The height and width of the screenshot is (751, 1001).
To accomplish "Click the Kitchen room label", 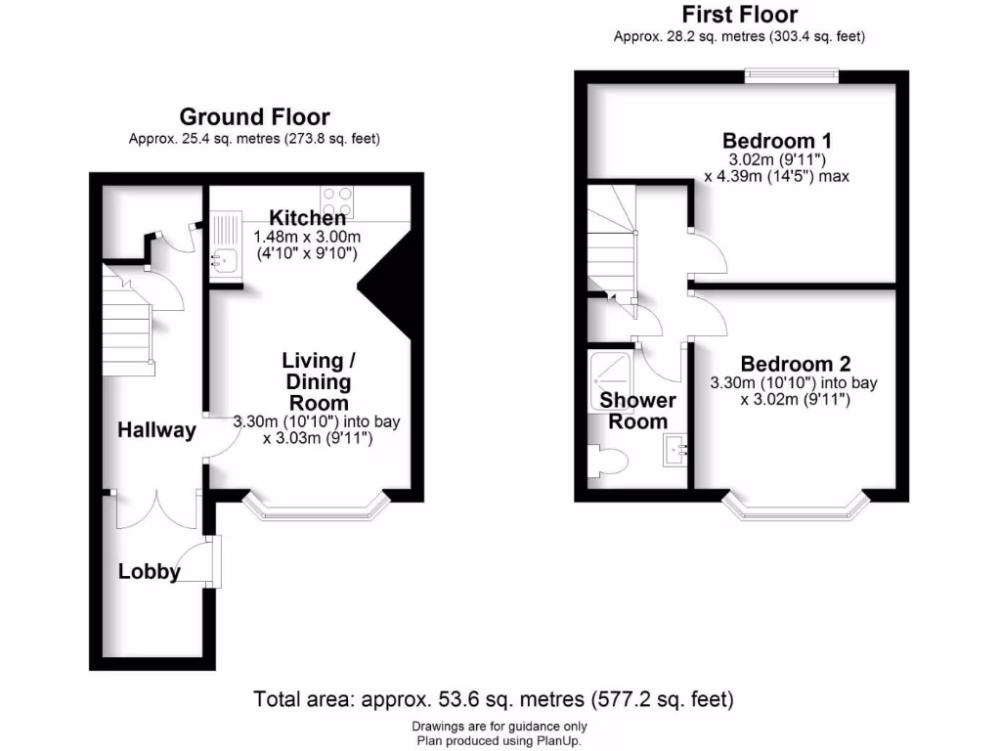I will [x=308, y=218].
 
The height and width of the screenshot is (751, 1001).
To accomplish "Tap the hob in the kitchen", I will [x=337, y=201].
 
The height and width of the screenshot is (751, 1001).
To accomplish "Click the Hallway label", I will [x=157, y=429].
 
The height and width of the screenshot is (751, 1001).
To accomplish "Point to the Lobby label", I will [x=150, y=571].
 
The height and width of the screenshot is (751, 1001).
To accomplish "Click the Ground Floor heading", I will [x=254, y=118].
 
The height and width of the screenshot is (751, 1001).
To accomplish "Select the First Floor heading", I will [x=739, y=15].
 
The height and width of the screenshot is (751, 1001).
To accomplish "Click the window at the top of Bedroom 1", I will [x=792, y=72].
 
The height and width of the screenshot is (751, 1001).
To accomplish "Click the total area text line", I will [x=494, y=699].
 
